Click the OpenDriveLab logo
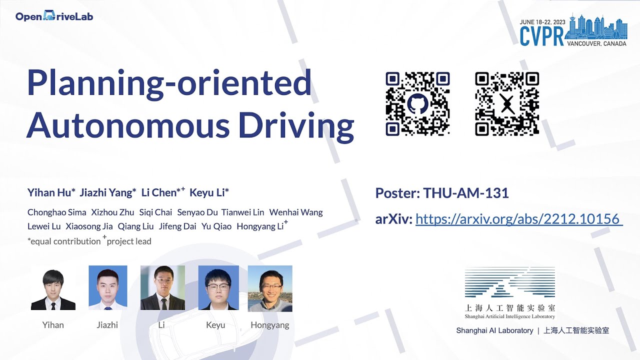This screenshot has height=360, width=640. tap(54, 16)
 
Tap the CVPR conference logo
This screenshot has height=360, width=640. tap(573, 31)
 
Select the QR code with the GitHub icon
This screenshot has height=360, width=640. tap(417, 104)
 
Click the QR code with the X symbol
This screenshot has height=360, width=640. tap(507, 104)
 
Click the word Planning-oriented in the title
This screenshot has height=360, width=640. tap(169, 84)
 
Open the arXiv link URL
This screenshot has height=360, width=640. tap(518, 219)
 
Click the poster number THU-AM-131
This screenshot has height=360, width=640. tap(466, 193)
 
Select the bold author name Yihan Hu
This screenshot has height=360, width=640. tap(50, 193)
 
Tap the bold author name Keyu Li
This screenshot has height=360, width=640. tap(208, 193)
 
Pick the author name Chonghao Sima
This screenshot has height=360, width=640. tap(57, 212)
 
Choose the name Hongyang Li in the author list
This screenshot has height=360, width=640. tap(260, 226)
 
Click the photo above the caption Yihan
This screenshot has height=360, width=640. tap(53, 288)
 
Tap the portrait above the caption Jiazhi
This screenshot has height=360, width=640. tap(107, 288)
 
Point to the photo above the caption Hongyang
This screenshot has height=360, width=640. tap(270, 288)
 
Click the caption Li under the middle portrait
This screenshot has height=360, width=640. tap(161, 325)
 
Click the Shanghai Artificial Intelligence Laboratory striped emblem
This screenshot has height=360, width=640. tap(509, 283)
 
